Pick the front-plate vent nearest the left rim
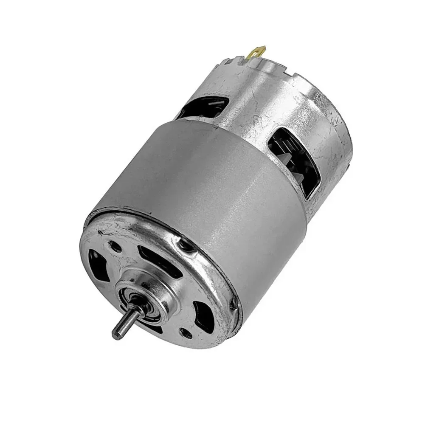pos(97,266)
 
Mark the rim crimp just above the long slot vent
pos(183,243)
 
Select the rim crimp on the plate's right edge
pos(233,304)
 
